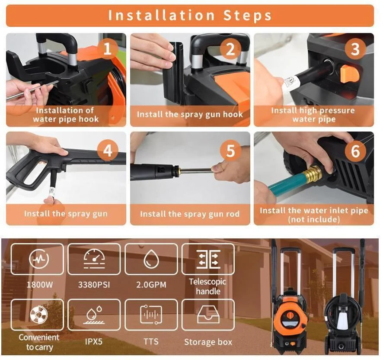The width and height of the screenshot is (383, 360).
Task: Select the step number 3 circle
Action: coord(354,49)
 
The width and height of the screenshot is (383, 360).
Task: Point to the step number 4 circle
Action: coord(107,151)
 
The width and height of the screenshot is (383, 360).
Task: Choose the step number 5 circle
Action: coord(230,151)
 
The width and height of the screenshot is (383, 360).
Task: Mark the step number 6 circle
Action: coord(354,151)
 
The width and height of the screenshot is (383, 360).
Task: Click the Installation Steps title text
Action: coord(190,16)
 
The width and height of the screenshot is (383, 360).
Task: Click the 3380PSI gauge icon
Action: coord(94,259)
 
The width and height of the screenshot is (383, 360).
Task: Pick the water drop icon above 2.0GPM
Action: coord(151,259)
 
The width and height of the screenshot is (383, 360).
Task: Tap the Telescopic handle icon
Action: coord(208,259)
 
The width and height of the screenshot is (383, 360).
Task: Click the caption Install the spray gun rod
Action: coord(190,214)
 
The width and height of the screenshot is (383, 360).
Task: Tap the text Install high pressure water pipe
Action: coord(313,115)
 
